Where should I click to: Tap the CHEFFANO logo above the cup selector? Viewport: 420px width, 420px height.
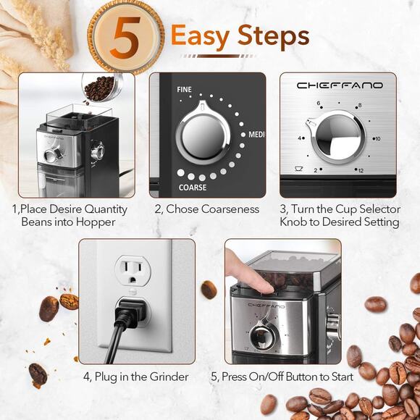point(340,85)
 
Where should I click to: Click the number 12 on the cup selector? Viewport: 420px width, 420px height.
point(360,171)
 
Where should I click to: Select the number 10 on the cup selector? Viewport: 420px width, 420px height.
point(376,138)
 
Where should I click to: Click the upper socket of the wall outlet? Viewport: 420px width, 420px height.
point(133,272)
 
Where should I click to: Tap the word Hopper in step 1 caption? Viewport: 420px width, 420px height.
point(97,222)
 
